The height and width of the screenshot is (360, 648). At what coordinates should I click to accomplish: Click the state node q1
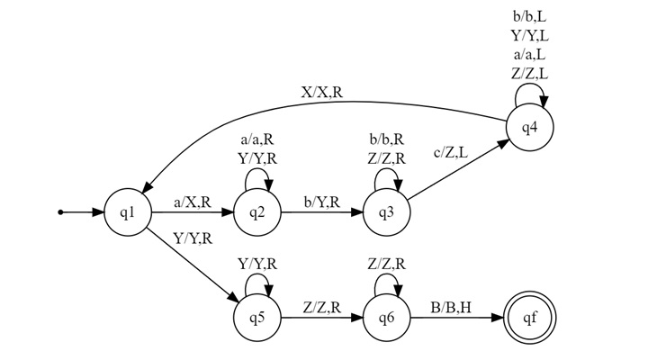coord(127,213)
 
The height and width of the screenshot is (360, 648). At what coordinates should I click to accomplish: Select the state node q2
coord(256,213)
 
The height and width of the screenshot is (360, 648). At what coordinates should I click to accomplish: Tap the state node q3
coord(386,213)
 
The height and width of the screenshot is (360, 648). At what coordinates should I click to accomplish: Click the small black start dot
coord(60,213)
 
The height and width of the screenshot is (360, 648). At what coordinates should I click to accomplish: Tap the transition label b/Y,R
coord(321,203)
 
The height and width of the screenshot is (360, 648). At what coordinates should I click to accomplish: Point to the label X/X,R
coord(326,92)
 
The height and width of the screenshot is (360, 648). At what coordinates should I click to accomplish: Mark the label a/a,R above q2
coord(256,141)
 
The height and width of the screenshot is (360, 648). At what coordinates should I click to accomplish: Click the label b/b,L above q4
coord(531,16)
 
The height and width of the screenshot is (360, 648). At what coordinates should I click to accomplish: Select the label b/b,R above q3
coord(386,141)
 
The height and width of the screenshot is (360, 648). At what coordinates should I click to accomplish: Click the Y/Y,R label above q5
coord(256,264)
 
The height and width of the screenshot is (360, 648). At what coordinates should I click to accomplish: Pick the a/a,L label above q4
coord(531,56)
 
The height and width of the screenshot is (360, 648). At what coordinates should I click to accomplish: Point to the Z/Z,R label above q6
coord(386,264)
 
